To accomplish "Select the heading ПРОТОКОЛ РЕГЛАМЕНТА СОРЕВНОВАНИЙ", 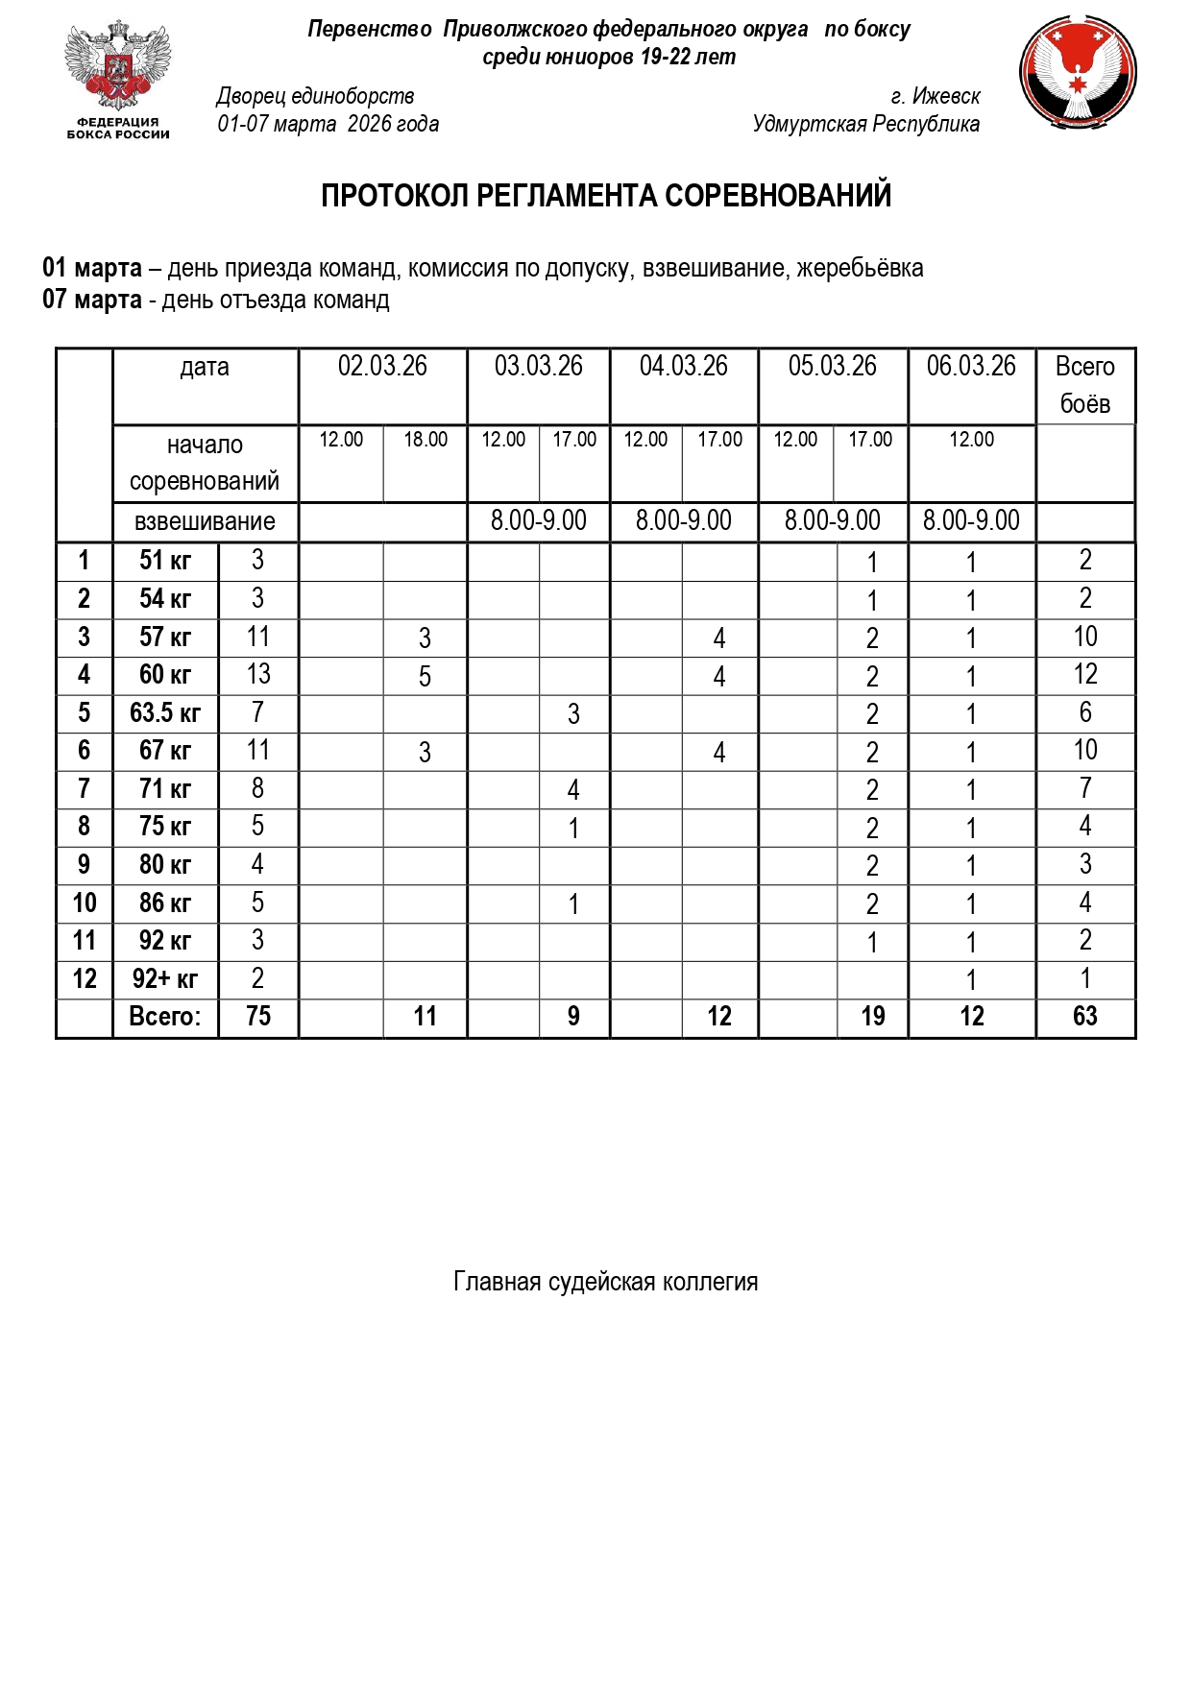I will [605, 196].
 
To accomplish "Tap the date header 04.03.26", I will [683, 367].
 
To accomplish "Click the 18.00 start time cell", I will [425, 440].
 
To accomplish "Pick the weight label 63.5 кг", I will [165, 713].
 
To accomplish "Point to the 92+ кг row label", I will [165, 979].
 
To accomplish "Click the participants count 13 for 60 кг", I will [258, 675].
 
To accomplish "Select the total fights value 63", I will [1084, 1017].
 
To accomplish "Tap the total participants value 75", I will [258, 1017].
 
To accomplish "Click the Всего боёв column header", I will [1084, 385].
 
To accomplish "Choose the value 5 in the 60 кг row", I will [425, 677].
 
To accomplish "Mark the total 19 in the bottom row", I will [872, 1017].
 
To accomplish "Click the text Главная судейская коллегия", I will [605, 1282].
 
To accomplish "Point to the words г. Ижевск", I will [935, 96].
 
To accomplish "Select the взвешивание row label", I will [205, 522].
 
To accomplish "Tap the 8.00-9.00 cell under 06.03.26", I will [971, 521].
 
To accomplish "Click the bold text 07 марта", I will [91, 300].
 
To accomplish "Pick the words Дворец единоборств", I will [315, 96].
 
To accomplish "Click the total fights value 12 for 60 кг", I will [1084, 675].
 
